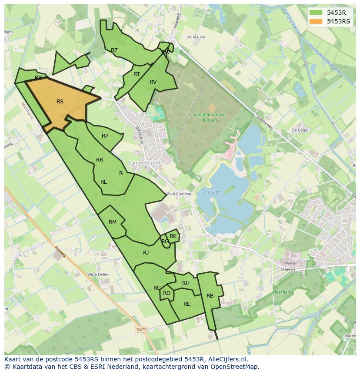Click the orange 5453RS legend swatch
pos(316,21)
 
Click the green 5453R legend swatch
pos(316,13)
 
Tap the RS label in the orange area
pos(60,102)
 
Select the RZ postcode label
pos(114,50)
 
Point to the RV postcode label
pos(153,82)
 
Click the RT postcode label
pos(137,74)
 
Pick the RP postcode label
pos(105,136)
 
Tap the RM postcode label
pos(113,222)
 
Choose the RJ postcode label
pos(146,253)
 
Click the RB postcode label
pos(210,296)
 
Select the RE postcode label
pos(187,304)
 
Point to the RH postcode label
pos(186,283)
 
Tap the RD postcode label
pos(167,293)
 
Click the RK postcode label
pos(173,236)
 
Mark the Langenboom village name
pos(144,162)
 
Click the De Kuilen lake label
pos(211,192)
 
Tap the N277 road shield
pos(141,330)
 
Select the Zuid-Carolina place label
pos(179,194)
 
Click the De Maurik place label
pos(196,37)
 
